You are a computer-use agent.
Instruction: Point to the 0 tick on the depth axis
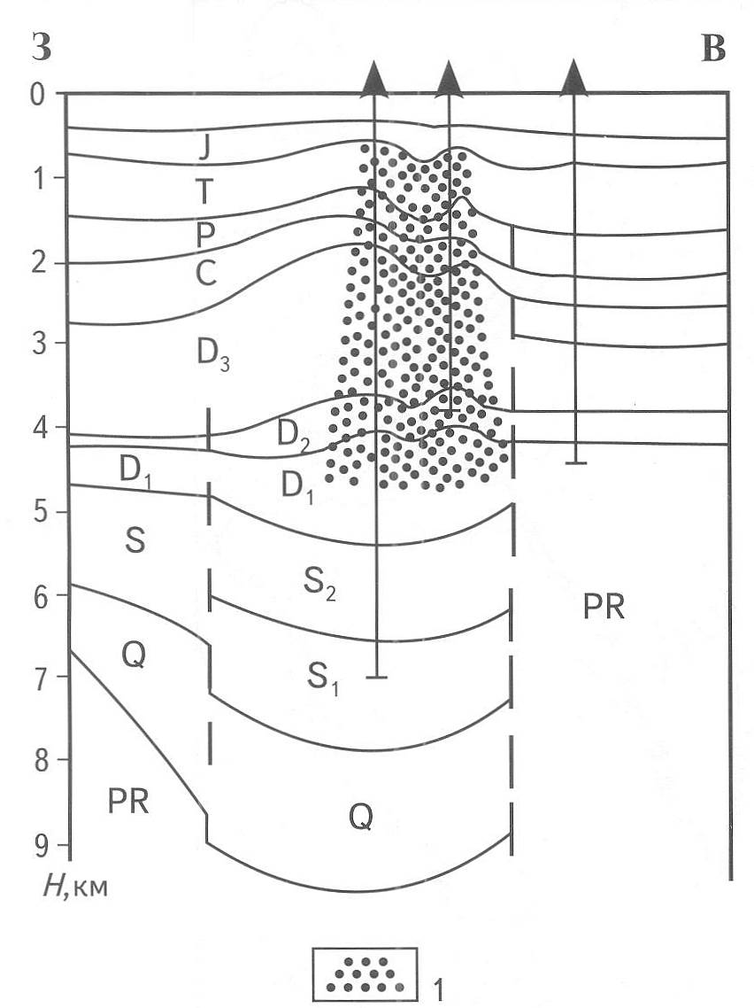coord(40,95)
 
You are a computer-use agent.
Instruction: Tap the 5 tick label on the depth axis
coord(40,512)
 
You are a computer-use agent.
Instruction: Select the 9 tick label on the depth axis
coord(40,845)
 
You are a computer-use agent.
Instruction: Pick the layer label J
coord(204,150)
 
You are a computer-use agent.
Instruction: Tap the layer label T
coord(204,191)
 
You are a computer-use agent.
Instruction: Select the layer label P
coord(204,236)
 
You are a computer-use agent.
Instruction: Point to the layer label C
coord(206,275)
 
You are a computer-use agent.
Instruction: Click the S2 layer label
coord(319,585)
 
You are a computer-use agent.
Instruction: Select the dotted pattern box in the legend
coord(365,974)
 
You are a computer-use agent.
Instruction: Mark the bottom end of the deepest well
coord(376,678)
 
